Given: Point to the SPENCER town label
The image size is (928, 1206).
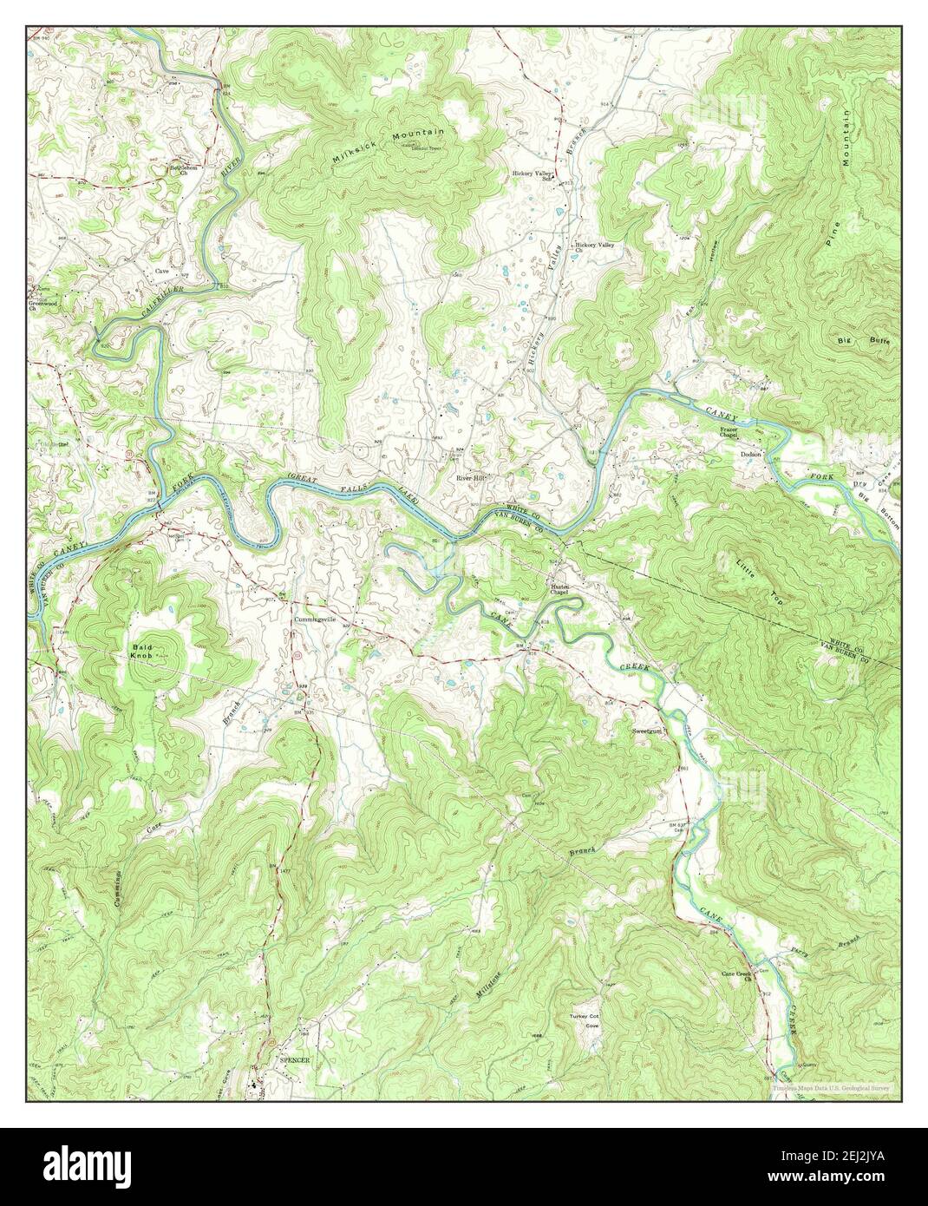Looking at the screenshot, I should (294, 1060).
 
